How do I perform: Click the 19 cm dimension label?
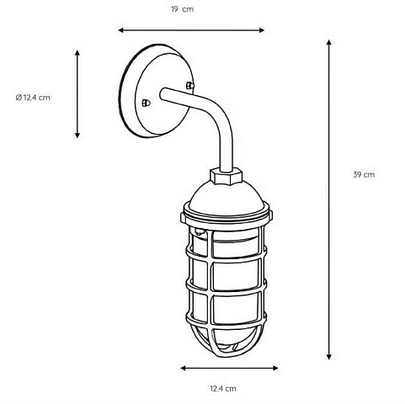[x=183, y=9]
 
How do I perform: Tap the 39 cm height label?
[x=364, y=174]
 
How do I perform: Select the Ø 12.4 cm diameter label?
[x=33, y=98]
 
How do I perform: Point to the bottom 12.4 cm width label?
[x=223, y=389]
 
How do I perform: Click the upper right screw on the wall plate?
[x=190, y=85]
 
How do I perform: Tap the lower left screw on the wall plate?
[x=146, y=104]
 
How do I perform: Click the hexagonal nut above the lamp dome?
[x=226, y=176]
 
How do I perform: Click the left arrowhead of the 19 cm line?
[x=121, y=30]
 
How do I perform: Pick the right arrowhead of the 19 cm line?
[x=262, y=30]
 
